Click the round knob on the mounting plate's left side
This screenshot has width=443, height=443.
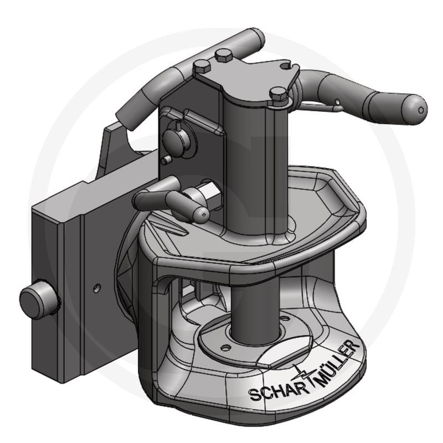pyautogui.click(x=38, y=300)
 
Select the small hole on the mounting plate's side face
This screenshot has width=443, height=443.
pyautogui.click(x=97, y=288)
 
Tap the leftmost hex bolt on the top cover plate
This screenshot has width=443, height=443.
pyautogui.click(x=202, y=67)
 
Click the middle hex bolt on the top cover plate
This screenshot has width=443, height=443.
pyautogui.click(x=224, y=55)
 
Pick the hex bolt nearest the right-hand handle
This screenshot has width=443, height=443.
pyautogui.click(x=279, y=94)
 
